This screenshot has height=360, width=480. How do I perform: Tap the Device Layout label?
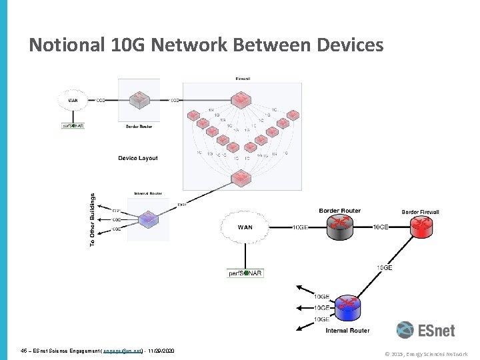138,158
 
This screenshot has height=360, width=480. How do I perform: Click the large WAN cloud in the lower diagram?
246,228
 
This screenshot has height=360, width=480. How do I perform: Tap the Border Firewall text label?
420,212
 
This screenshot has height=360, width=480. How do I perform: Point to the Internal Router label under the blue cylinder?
347,330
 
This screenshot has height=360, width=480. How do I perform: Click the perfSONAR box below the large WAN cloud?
246,273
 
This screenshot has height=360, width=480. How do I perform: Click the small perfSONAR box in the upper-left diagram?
73,125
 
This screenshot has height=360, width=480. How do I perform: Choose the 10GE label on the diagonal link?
385,267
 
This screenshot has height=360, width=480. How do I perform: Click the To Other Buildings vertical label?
92,220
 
